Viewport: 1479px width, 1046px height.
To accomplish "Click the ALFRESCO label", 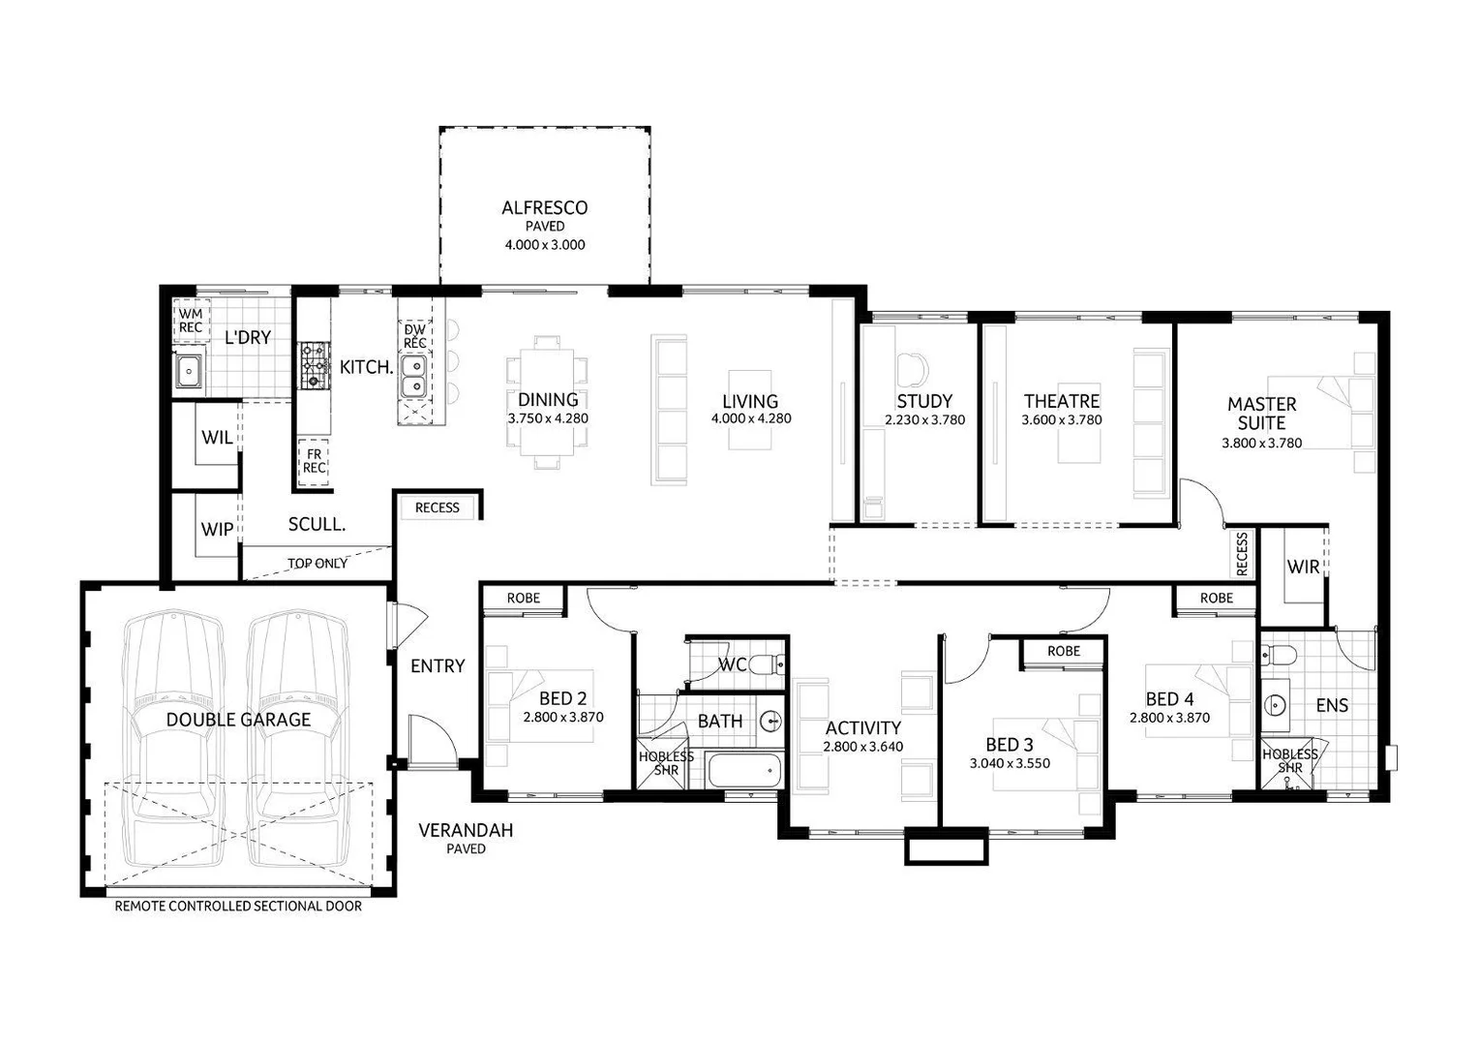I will click(544, 207).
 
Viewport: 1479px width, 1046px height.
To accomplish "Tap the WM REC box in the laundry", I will click(191, 321).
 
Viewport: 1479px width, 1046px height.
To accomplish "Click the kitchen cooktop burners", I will click(315, 366).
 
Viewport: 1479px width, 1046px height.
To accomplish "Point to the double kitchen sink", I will click(415, 377).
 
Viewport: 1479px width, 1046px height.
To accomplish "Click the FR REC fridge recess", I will click(315, 460).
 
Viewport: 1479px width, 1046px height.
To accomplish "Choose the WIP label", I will click(217, 530).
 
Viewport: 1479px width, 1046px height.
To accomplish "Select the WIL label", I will click(217, 438).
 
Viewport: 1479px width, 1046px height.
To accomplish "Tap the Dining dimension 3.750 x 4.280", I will click(548, 419).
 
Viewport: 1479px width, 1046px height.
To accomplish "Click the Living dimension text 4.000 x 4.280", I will click(751, 419).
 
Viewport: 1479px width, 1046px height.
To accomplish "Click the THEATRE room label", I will click(1062, 401).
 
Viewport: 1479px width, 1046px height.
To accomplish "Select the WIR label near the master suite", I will click(1303, 567).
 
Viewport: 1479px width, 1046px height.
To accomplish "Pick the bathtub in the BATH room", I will click(744, 772).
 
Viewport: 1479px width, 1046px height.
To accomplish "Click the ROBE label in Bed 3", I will click(1063, 652).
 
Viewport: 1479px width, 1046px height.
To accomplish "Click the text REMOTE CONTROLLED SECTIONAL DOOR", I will click(238, 907).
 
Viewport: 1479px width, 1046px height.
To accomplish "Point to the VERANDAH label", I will click(466, 830).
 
